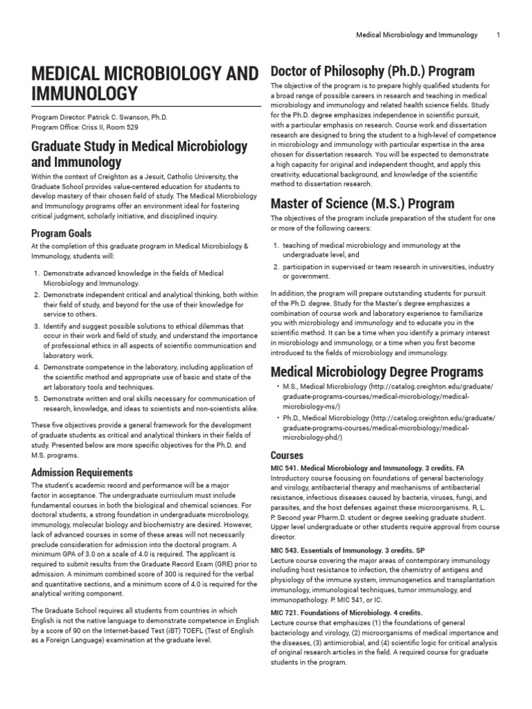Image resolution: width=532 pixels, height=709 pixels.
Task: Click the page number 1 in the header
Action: coord(497,35)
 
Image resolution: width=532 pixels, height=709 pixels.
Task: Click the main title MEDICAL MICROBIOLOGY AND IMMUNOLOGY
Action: coord(141,82)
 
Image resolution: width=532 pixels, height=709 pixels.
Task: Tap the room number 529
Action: coord(132,127)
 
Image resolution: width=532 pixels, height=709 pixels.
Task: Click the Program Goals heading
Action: coord(61,233)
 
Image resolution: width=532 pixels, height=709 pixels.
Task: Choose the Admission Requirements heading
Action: coord(82,472)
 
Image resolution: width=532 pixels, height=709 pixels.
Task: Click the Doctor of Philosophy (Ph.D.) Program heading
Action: coord(372,71)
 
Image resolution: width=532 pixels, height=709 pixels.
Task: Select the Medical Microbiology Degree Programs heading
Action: coord(376,371)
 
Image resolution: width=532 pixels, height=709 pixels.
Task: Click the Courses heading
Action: coord(287,456)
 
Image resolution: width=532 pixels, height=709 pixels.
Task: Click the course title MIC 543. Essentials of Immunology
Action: coord(333,550)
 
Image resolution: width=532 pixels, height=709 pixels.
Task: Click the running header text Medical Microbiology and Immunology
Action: coord(416,35)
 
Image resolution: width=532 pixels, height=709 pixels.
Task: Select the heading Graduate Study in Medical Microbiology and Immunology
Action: coord(139,154)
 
